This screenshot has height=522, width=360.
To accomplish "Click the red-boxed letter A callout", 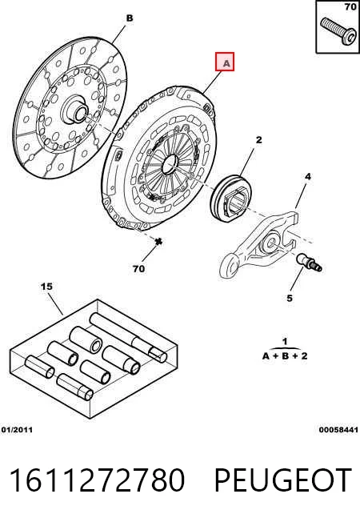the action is [x=225, y=62].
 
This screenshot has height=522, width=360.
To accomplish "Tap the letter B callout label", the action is [x=130, y=18].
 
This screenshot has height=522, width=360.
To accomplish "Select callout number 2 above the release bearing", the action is [x=258, y=140].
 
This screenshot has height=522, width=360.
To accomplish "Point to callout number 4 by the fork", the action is [x=308, y=176].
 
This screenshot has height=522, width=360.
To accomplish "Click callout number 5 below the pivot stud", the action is [x=290, y=298].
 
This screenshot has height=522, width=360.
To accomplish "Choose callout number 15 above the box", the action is [x=47, y=287].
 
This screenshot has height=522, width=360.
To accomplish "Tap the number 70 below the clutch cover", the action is [x=138, y=269].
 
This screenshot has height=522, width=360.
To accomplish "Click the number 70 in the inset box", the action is [x=350, y=6].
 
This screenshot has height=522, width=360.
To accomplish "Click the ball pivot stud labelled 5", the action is [x=310, y=263].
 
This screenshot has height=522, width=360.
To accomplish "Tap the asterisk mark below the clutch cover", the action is [x=158, y=241].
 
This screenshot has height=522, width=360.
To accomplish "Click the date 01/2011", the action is [x=17, y=430].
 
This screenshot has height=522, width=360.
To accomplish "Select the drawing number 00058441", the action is [x=338, y=430].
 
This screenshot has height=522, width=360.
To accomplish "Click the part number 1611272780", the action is [x=97, y=480].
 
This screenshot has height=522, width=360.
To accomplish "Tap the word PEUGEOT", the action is [x=283, y=480].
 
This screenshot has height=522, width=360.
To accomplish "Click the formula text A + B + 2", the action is [x=285, y=356].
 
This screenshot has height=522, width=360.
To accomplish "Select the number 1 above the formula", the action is [x=285, y=342].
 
